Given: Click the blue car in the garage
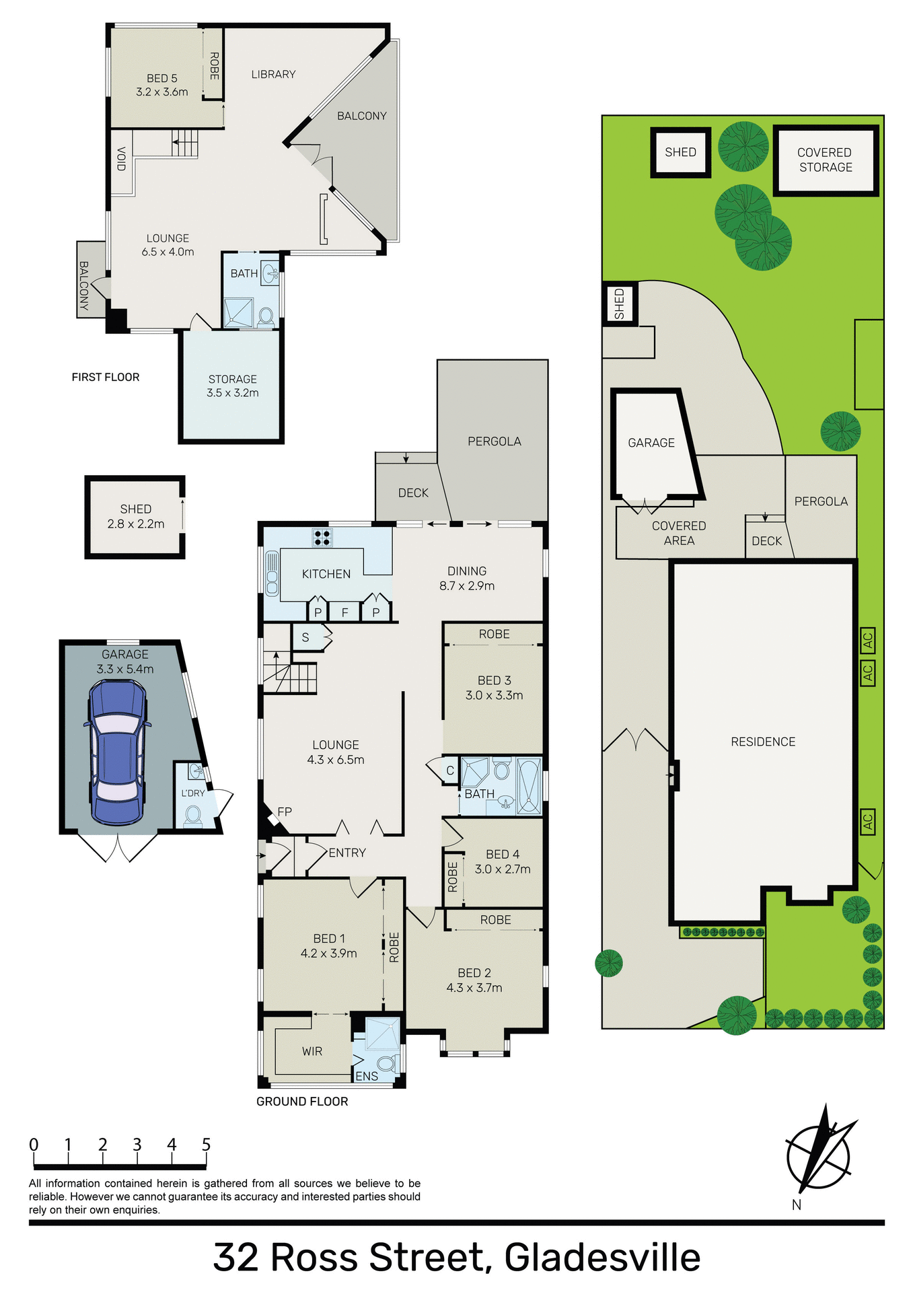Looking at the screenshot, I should pos(118,752).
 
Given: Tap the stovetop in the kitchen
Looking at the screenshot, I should pos(322,537).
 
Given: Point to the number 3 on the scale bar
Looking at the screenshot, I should pos(137,1145).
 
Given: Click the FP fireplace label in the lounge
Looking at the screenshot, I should pos(285,812).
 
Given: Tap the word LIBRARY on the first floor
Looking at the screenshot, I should pos(273,74).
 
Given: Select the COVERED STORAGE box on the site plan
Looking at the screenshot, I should pos(826,160).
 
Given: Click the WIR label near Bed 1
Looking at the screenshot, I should pos(312,1051).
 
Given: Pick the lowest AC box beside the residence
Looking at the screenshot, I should pos(868,822).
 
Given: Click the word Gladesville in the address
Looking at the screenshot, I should pos(602,1256).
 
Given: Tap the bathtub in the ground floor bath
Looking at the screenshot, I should pos(529,785).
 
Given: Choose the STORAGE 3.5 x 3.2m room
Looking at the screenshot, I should pos(233,386).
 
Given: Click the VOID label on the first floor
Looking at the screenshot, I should pos(122,159).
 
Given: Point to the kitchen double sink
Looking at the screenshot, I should pos(272,573).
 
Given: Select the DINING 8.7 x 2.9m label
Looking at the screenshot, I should pos(467,578).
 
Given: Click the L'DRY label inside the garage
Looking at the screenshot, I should pos(193,793).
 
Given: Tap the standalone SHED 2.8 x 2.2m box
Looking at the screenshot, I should pos(135,516).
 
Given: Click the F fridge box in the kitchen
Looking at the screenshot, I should pos(345,612).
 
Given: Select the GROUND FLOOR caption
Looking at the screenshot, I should pos(302,1102).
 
